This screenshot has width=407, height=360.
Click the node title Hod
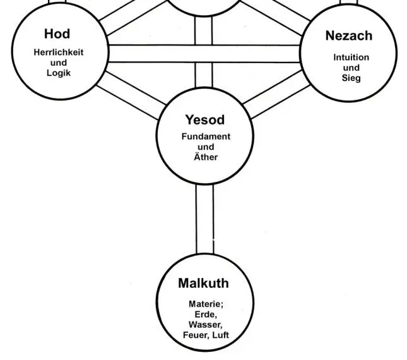[57, 33]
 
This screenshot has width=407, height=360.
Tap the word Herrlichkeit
[59, 52]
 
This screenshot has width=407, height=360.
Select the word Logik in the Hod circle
[59, 73]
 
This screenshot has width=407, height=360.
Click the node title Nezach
[348, 36]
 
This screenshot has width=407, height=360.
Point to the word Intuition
[351, 57]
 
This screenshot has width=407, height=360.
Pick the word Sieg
[351, 78]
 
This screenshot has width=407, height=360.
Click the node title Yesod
[204, 119]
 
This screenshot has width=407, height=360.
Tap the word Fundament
[206, 136]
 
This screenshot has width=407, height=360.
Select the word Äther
[206, 157]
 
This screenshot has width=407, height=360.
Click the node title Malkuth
[203, 284]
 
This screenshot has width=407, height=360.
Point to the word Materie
[206, 304]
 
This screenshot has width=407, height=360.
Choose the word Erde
[206, 315]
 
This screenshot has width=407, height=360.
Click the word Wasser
[206, 325]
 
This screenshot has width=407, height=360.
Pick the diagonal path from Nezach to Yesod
[274, 95]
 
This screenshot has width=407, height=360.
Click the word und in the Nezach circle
[351, 68]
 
